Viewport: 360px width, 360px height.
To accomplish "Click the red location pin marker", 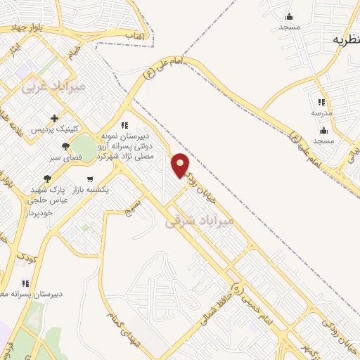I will click(181, 165).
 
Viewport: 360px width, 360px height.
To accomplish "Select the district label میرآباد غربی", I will click(53, 87).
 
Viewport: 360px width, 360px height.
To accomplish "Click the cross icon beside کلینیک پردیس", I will click(54, 118).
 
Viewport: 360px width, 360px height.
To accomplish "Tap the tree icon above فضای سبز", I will click(65, 146).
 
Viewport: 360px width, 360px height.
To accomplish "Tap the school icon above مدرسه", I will click(321, 103).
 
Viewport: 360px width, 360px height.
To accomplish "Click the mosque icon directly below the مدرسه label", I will click(323, 130).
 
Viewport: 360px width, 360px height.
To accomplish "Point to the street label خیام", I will click(74, 51).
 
